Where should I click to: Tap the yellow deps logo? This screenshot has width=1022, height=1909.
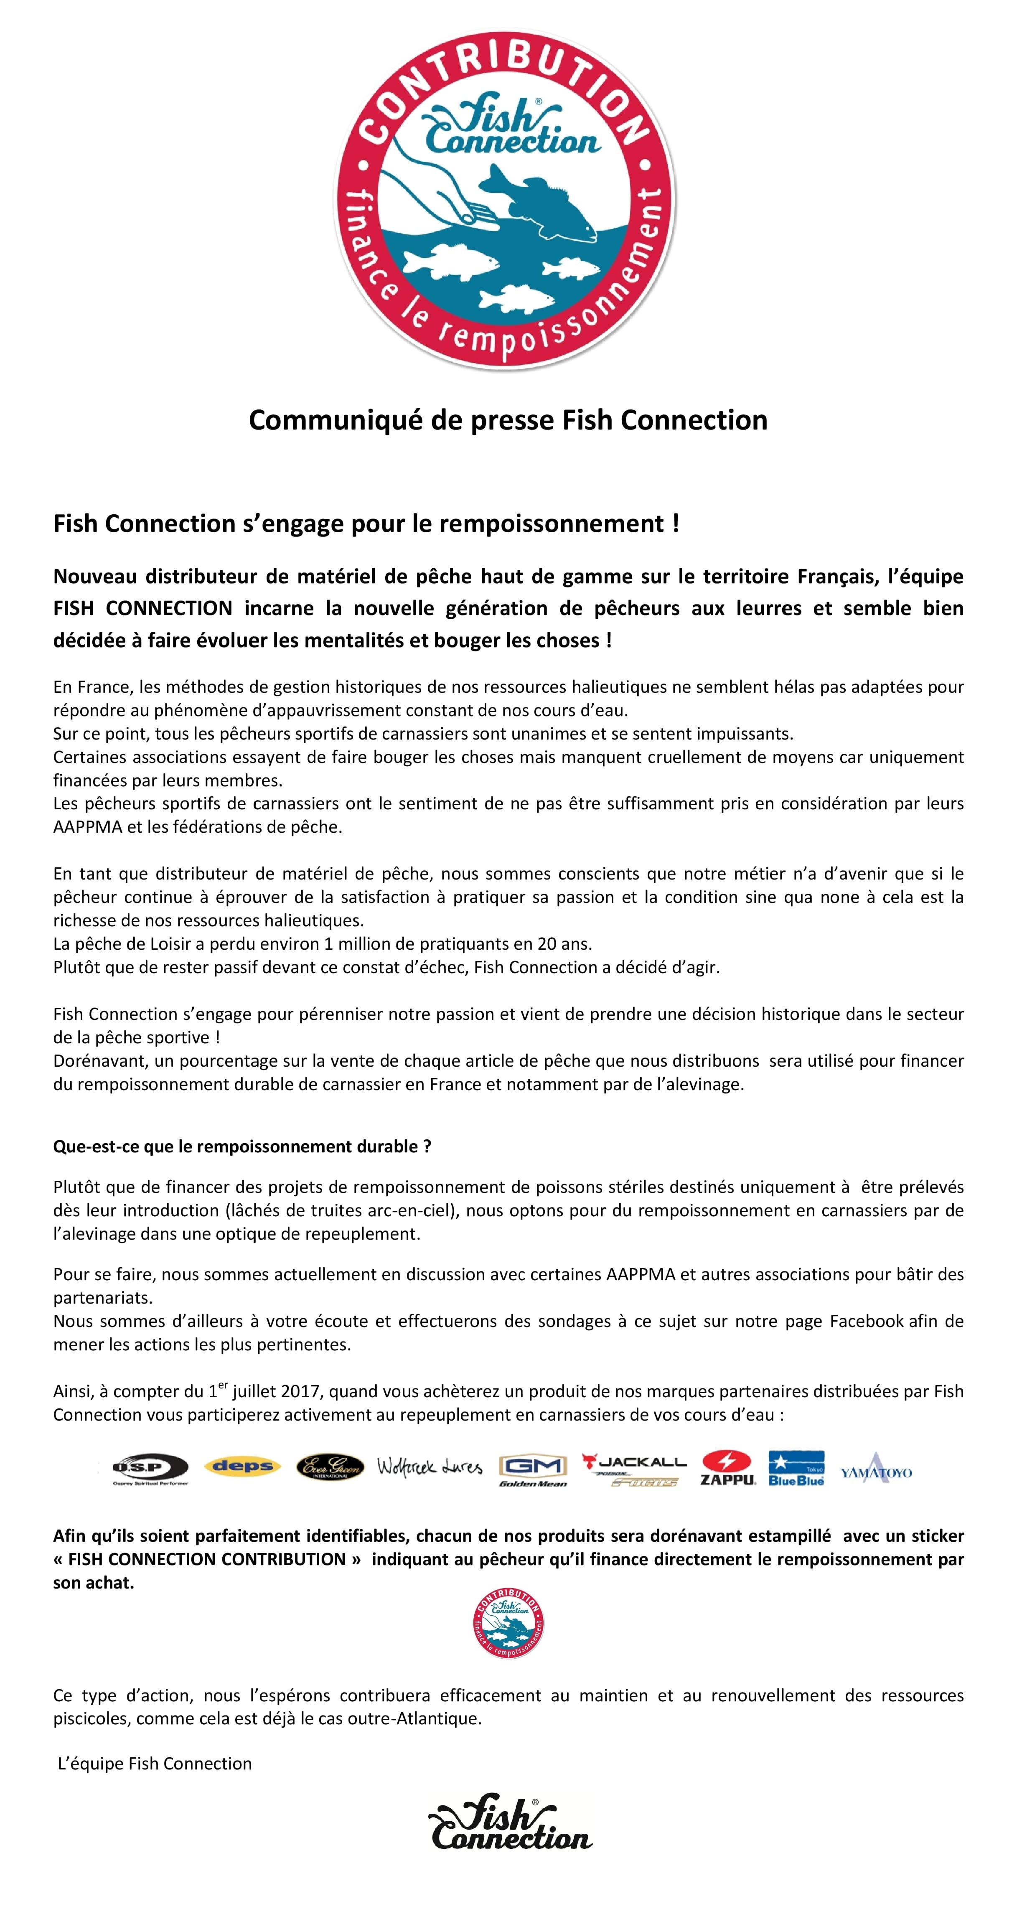point(242,1466)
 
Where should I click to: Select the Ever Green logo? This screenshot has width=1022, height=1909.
point(330,1467)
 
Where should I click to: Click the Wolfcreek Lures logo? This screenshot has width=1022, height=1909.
point(429,1467)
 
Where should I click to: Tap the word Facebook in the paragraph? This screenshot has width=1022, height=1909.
point(867,1321)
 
